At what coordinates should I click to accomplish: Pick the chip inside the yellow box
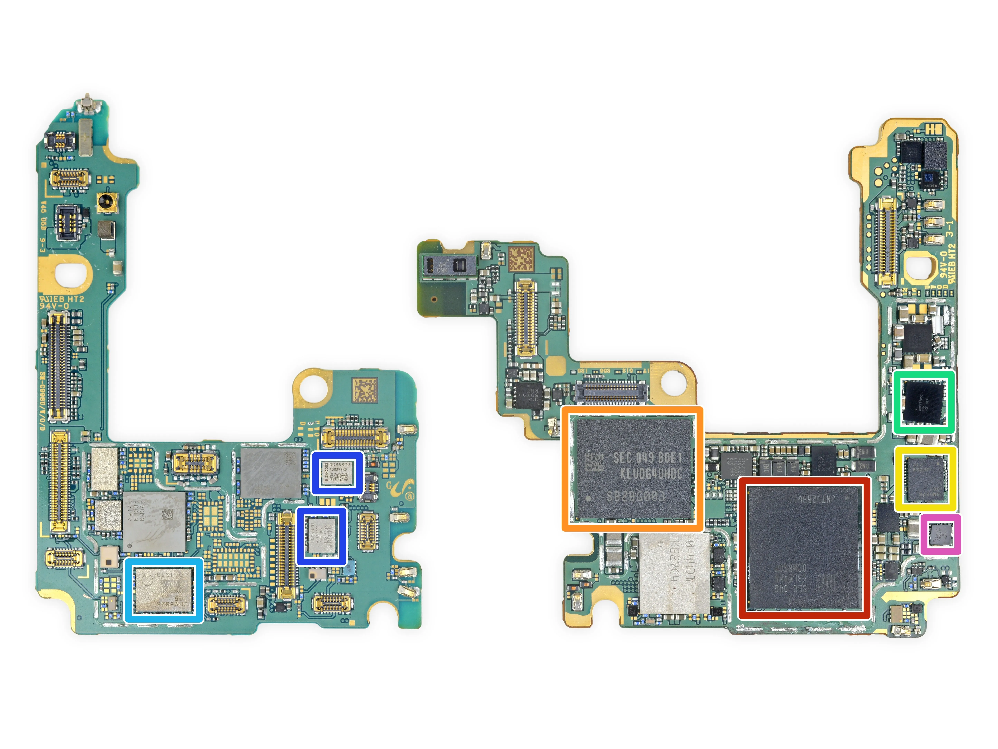pyautogui.click(x=925, y=479)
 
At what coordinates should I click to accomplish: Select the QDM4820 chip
pyautogui.click(x=321, y=536)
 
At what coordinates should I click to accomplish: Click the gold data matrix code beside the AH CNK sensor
pyautogui.click(x=521, y=259)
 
